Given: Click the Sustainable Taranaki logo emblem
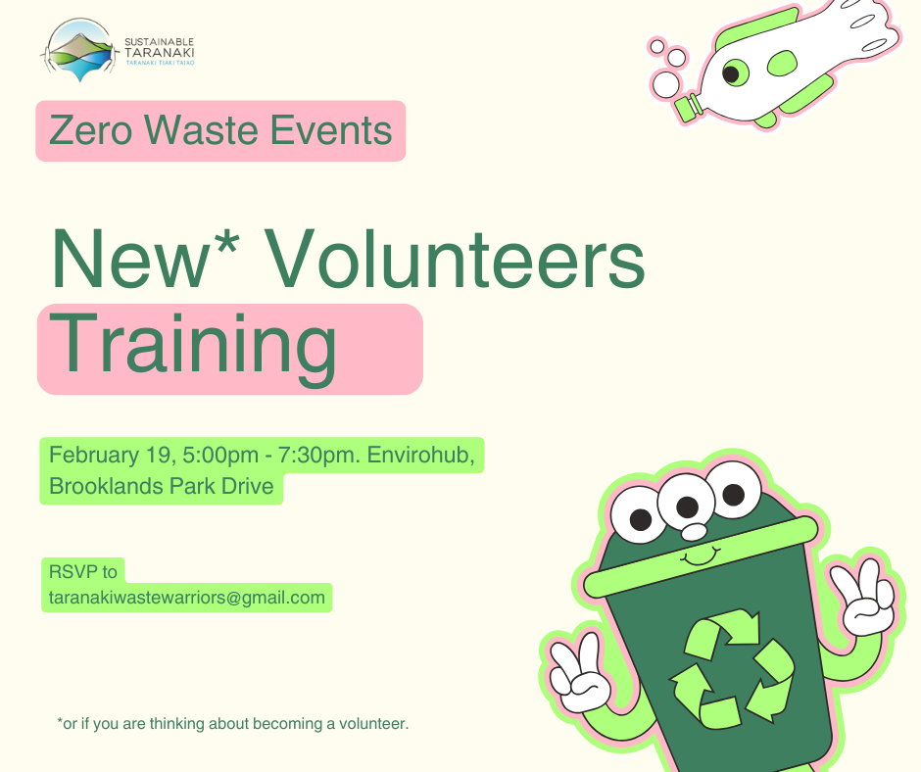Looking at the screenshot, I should pyautogui.click(x=81, y=49).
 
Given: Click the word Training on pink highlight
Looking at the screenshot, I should pyautogui.click(x=193, y=347).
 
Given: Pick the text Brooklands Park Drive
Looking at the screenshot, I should pyautogui.click(x=162, y=487).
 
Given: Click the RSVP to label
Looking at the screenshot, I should pyautogui.click(x=82, y=571).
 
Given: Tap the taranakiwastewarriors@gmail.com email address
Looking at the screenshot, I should pyautogui.click(x=186, y=598).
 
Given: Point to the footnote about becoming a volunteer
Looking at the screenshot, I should pyautogui.click(x=233, y=724).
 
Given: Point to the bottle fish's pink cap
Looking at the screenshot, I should pyautogui.click(x=690, y=105).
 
